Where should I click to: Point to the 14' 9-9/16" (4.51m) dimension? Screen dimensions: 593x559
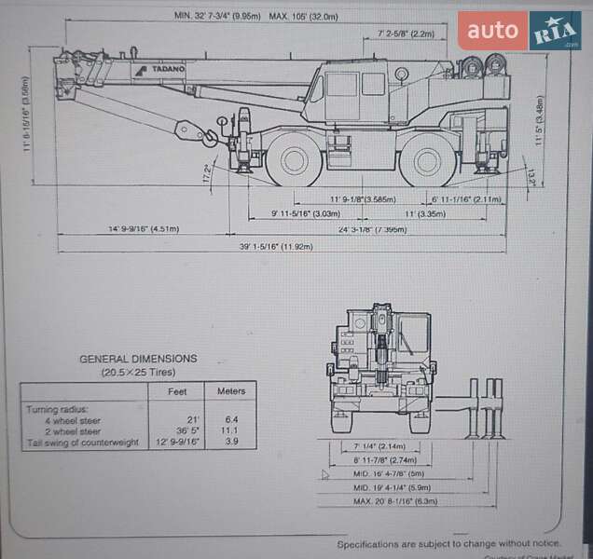(x=144, y=228)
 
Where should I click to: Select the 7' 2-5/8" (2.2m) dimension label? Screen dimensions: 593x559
(x=407, y=34)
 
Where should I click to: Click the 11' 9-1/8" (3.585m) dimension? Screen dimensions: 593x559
(x=363, y=199)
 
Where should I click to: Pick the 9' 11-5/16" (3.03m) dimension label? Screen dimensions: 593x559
(x=305, y=214)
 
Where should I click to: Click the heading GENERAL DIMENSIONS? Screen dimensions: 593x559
(x=138, y=358)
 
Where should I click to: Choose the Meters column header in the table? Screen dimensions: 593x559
(x=231, y=391)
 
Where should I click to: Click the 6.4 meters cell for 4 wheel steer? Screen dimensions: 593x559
(x=231, y=420)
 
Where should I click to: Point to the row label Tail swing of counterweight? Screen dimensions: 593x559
(x=83, y=443)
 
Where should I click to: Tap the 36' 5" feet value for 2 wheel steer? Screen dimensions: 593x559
(x=188, y=431)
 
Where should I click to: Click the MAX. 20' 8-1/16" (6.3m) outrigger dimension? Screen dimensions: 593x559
(x=395, y=501)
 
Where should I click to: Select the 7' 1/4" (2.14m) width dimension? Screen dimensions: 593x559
(x=379, y=447)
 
